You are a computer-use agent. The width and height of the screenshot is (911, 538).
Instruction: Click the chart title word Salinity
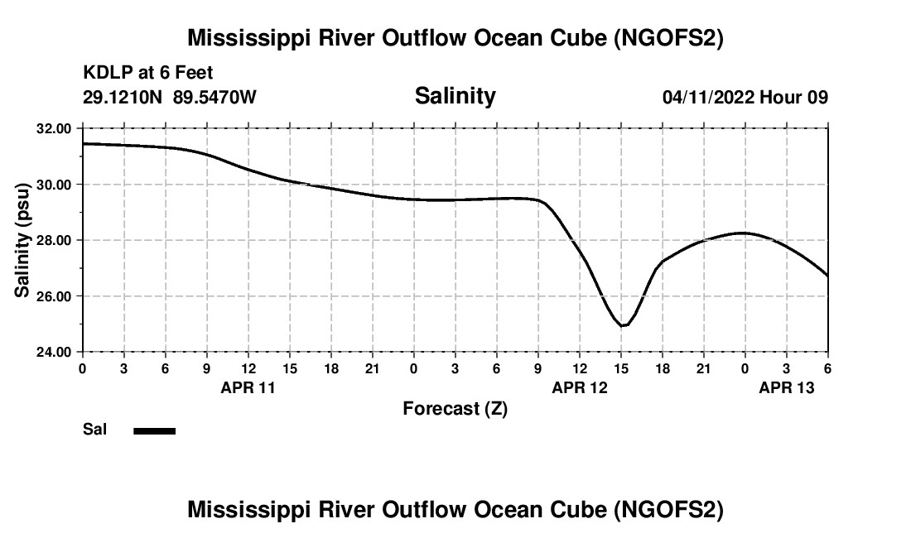pyautogui.click(x=455, y=96)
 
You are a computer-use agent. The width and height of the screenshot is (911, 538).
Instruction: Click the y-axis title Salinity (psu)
pyautogui.click(x=22, y=240)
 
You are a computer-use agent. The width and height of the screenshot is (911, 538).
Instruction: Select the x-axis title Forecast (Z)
pyautogui.click(x=455, y=408)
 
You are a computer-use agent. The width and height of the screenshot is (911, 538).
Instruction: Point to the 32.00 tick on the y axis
pyautogui.click(x=54, y=128)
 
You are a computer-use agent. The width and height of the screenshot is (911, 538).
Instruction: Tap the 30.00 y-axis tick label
pyautogui.click(x=54, y=185)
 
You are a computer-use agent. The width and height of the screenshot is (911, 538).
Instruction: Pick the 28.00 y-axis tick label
pyautogui.click(x=54, y=240)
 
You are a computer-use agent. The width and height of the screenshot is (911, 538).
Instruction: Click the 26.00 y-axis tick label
pyautogui.click(x=54, y=296)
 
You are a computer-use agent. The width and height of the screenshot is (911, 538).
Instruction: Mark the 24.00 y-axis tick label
pyautogui.click(x=54, y=352)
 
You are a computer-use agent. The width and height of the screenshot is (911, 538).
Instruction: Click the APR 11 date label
pyautogui.click(x=248, y=387)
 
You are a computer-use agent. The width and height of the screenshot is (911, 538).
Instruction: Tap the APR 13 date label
pyautogui.click(x=786, y=387)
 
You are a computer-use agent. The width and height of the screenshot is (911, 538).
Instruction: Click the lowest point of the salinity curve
pyautogui.click(x=623, y=325)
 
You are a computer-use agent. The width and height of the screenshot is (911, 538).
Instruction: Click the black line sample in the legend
pyautogui.click(x=154, y=430)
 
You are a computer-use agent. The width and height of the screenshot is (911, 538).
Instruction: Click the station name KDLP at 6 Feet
pyautogui.click(x=148, y=73)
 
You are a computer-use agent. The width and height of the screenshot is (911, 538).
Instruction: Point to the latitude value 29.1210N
pyautogui.click(x=123, y=97)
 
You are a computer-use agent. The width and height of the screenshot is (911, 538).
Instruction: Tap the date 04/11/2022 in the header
pyautogui.click(x=708, y=97)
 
